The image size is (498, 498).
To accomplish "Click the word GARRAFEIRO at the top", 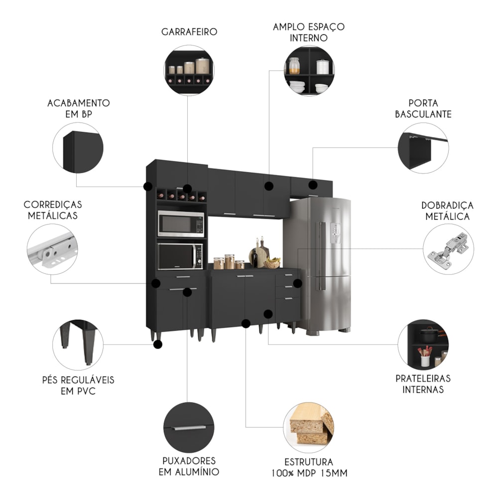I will click(189, 32).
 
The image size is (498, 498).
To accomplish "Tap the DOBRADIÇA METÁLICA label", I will click(447, 211).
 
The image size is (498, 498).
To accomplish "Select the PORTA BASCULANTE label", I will click(423, 109).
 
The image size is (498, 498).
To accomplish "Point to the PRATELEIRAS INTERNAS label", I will click(423, 384).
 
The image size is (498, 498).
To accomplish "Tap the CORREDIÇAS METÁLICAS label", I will click(53, 210).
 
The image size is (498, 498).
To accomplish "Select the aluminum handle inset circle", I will click(189, 428).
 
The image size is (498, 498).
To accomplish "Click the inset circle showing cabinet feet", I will click(78, 345).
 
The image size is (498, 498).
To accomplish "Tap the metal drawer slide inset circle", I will click(52, 249).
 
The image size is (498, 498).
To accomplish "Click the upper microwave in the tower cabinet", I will click(181, 224).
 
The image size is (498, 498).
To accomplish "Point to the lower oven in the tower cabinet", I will click(180, 256).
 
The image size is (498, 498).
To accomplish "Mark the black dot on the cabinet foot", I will click(158, 344).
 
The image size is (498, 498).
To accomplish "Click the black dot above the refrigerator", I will click(313, 185).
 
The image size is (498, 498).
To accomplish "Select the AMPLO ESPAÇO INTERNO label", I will click(308, 32).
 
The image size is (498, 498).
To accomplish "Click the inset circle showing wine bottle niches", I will click(189, 70).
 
